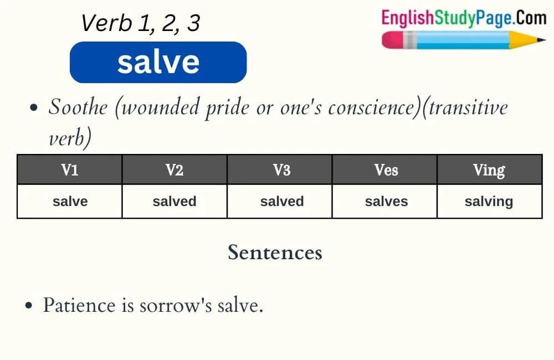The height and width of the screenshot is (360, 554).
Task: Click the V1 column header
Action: pos(69,169)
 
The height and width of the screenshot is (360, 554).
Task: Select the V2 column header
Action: pos(175,169)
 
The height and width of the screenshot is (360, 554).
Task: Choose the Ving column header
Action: pos(489,169)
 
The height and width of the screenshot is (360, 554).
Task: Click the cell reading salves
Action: pos(386,201)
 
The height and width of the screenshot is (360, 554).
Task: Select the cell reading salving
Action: pos(489,201)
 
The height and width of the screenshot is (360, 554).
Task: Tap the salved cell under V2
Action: pos(175,201)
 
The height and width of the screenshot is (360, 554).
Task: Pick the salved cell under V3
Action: pos(281,201)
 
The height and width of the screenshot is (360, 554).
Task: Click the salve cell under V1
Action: pos(70,201)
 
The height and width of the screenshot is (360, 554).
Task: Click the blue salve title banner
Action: pos(158,62)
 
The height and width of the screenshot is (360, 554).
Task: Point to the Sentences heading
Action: pos(275,253)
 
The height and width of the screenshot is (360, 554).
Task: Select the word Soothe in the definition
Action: pos(78,107)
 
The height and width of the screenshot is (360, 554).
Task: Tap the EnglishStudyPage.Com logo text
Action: pos(463,18)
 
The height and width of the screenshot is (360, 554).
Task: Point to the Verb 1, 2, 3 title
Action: pos(140,23)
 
